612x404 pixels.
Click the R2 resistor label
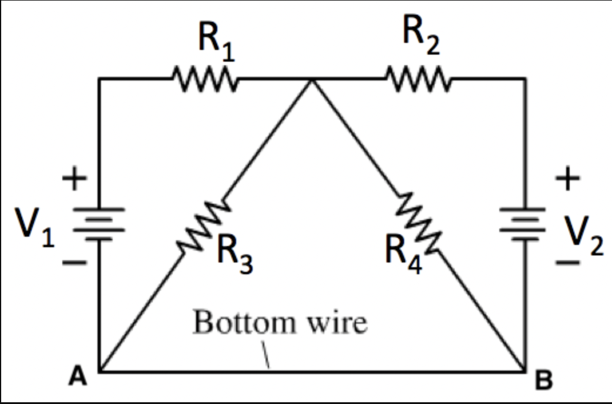[421, 40]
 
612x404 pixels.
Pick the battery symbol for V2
[524, 223]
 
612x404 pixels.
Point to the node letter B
[544, 382]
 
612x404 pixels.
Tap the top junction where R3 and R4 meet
[312, 79]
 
